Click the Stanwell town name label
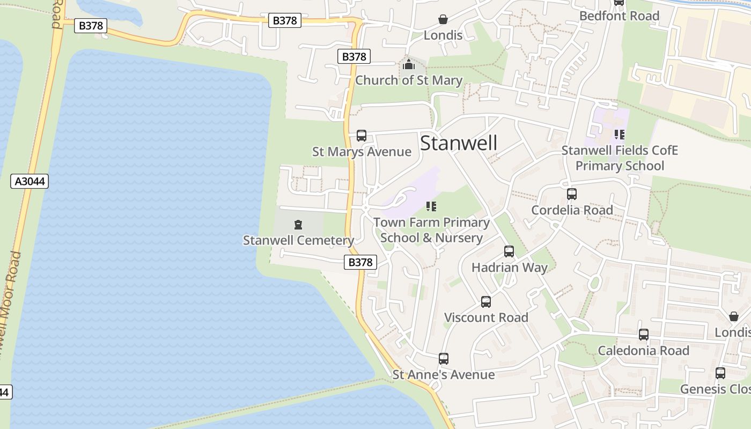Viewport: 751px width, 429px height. pyautogui.click(x=459, y=143)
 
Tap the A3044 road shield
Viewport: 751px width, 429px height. pyautogui.click(x=30, y=181)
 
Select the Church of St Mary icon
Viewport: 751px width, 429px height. pyautogui.click(x=409, y=65)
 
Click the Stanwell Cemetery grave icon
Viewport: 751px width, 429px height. pyautogui.click(x=298, y=225)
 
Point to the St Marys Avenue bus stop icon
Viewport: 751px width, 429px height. pyautogui.click(x=362, y=136)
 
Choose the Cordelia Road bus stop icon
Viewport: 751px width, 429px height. pyautogui.click(x=572, y=194)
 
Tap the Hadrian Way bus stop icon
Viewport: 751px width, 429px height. pyautogui.click(x=509, y=252)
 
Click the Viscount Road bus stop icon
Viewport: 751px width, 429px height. pyautogui.click(x=486, y=302)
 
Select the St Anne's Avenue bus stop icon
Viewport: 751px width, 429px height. pyautogui.click(x=444, y=359)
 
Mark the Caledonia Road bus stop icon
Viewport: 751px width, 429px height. pyautogui.click(x=644, y=335)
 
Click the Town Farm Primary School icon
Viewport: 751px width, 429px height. pyautogui.click(x=431, y=206)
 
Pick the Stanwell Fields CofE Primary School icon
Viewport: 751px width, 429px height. pyautogui.click(x=620, y=135)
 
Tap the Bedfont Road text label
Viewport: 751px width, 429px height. pyautogui.click(x=619, y=16)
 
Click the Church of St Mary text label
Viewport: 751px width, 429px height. pyautogui.click(x=409, y=80)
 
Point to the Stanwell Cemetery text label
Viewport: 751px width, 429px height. pyautogui.click(x=298, y=240)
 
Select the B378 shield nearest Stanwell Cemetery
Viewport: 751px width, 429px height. pyautogui.click(x=360, y=262)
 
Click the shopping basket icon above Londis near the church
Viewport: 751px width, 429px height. pyautogui.click(x=443, y=20)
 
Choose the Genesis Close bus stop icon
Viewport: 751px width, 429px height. pyautogui.click(x=720, y=373)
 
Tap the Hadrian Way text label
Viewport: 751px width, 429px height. pyautogui.click(x=509, y=268)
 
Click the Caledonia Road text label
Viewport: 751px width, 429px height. pyautogui.click(x=643, y=351)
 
